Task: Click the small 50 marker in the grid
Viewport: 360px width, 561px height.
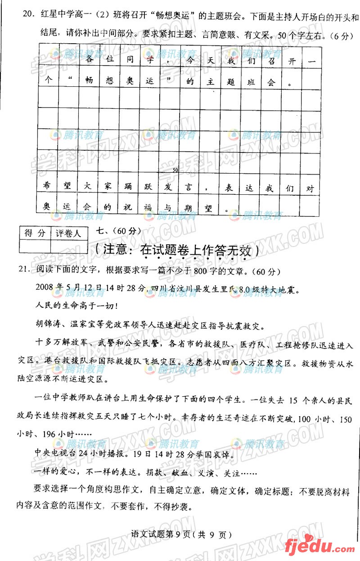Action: (x=175, y=170)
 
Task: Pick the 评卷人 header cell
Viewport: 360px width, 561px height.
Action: (x=68, y=233)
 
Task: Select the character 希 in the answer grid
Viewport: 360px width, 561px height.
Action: (x=48, y=188)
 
